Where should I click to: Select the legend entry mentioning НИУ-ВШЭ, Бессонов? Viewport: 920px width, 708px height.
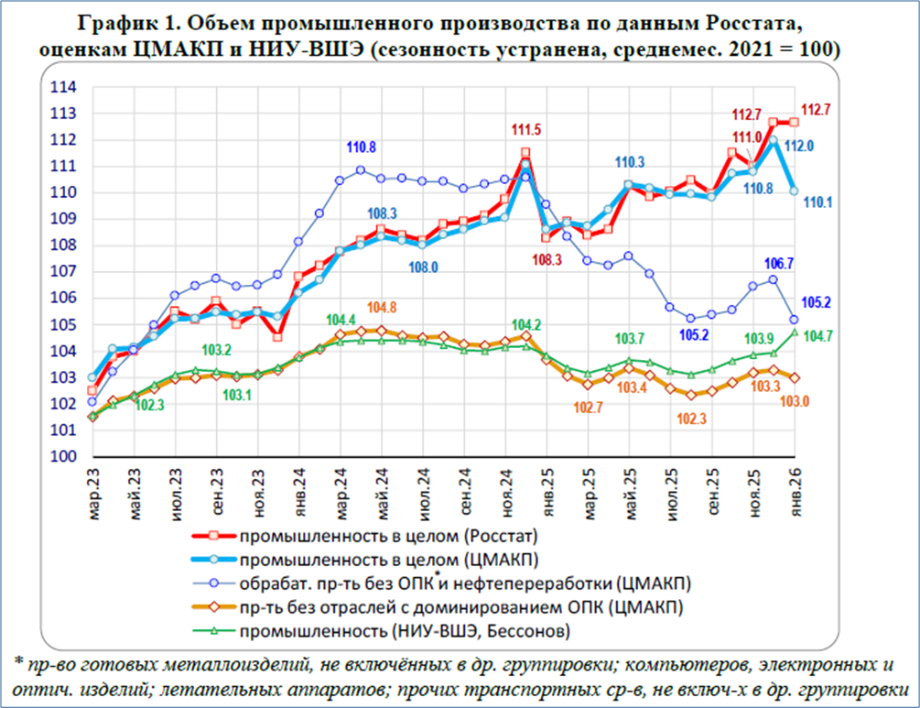pos(409,630)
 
